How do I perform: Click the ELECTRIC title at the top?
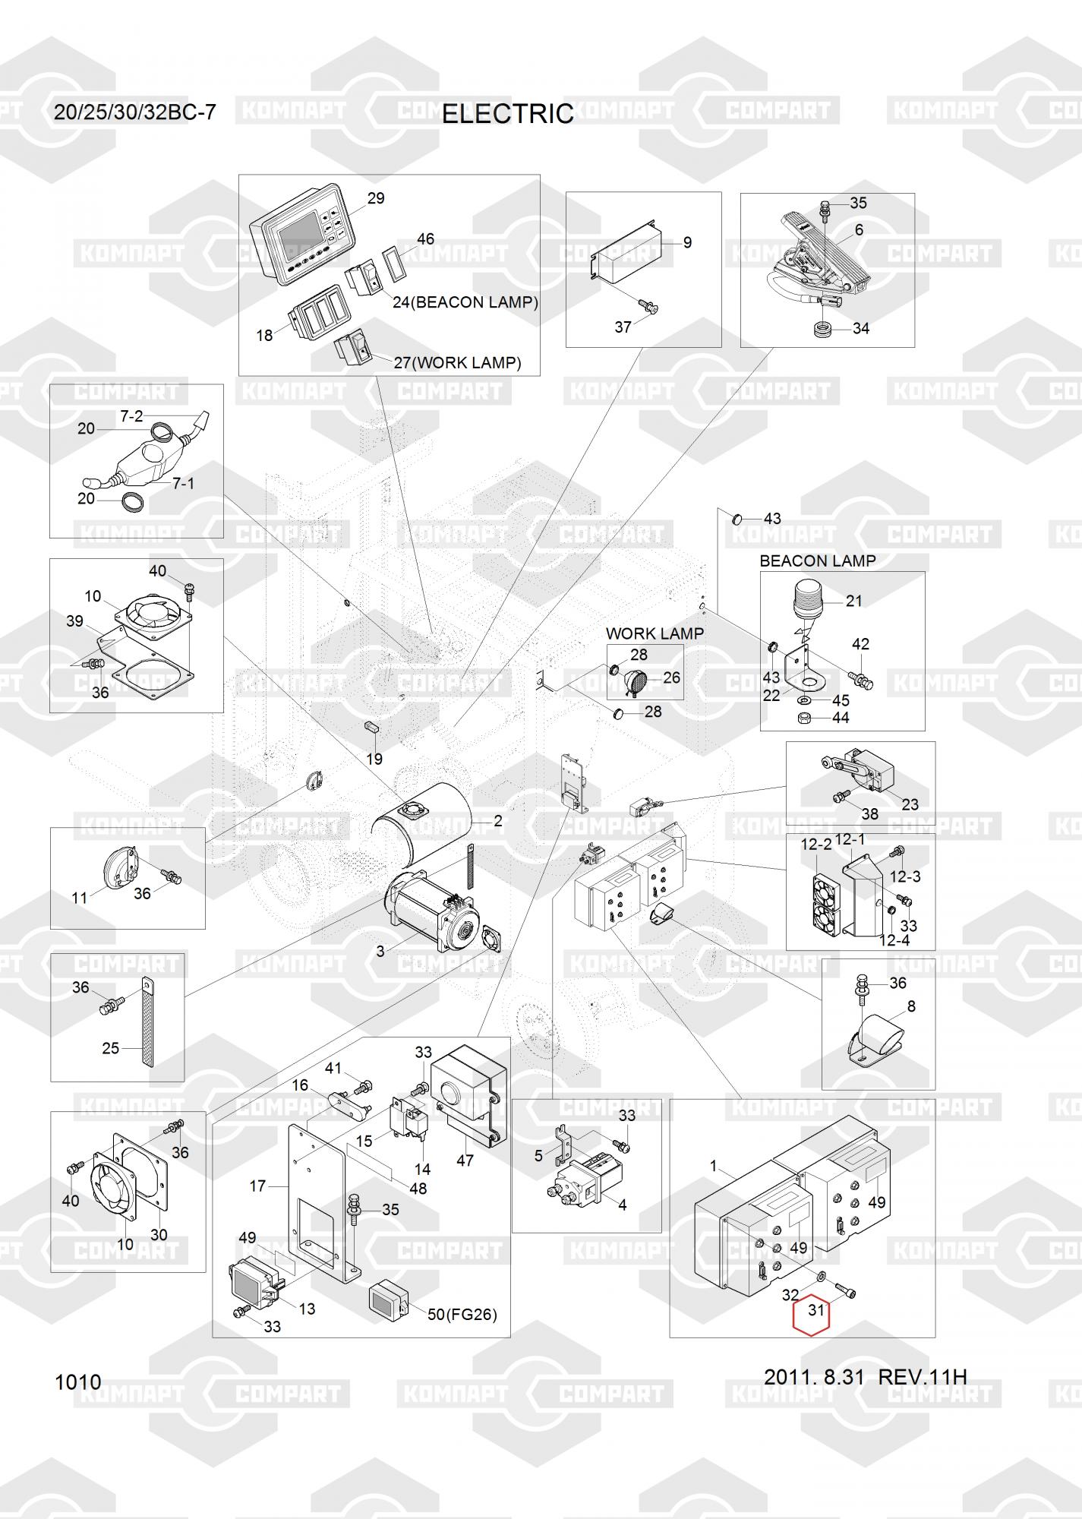tap(507, 114)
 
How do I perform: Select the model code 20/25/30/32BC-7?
tap(135, 112)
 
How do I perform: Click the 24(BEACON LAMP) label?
tap(465, 302)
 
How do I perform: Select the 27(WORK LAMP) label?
tap(458, 363)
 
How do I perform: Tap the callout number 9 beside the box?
tap(687, 243)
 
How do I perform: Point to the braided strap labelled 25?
tap(147, 1021)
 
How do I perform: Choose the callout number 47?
tap(465, 1160)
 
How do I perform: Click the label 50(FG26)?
tap(462, 1314)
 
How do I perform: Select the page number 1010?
tap(78, 1382)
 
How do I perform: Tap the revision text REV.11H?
tap(923, 1377)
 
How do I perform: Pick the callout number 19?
tap(374, 759)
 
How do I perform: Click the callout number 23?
tap(910, 804)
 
